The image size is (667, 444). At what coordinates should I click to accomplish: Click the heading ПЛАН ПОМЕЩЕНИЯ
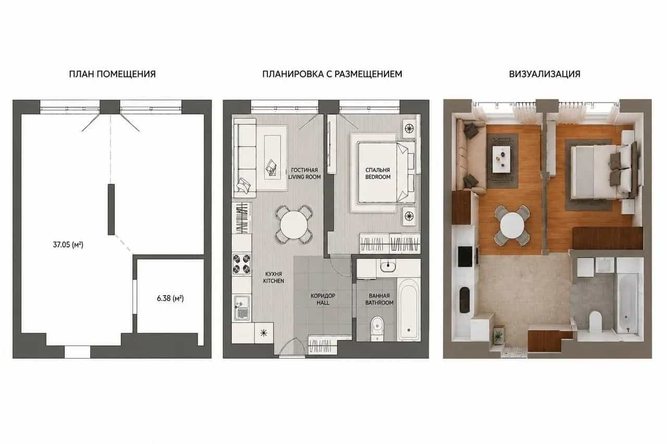pos(112,74)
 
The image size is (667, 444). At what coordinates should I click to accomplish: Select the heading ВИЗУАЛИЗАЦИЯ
pos(545,74)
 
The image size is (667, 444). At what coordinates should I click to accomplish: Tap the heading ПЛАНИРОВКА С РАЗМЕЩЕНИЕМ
pos(332,74)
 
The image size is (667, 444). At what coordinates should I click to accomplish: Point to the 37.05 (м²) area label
pos(68,245)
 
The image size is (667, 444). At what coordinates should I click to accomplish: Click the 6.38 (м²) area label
pos(170,298)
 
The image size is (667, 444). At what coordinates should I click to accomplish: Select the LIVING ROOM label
pos(304,177)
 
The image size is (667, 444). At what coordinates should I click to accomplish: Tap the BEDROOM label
pos(378,177)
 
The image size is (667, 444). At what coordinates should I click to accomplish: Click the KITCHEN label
pos(274,281)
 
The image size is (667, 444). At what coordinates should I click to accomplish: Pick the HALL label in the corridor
pos(323,303)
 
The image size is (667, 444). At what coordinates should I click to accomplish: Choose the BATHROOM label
pos(379,303)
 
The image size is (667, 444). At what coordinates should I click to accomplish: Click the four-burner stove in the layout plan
pos(241,264)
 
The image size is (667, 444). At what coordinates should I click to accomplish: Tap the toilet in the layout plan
pos(377,328)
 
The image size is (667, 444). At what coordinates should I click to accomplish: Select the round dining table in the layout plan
pos(294,224)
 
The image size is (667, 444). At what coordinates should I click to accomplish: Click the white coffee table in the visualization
pos(503,159)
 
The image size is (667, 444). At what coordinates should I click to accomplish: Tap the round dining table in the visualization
pos(512,225)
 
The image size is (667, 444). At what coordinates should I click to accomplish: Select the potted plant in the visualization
pos(498,336)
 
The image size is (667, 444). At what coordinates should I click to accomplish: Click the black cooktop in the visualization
pos(465,256)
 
